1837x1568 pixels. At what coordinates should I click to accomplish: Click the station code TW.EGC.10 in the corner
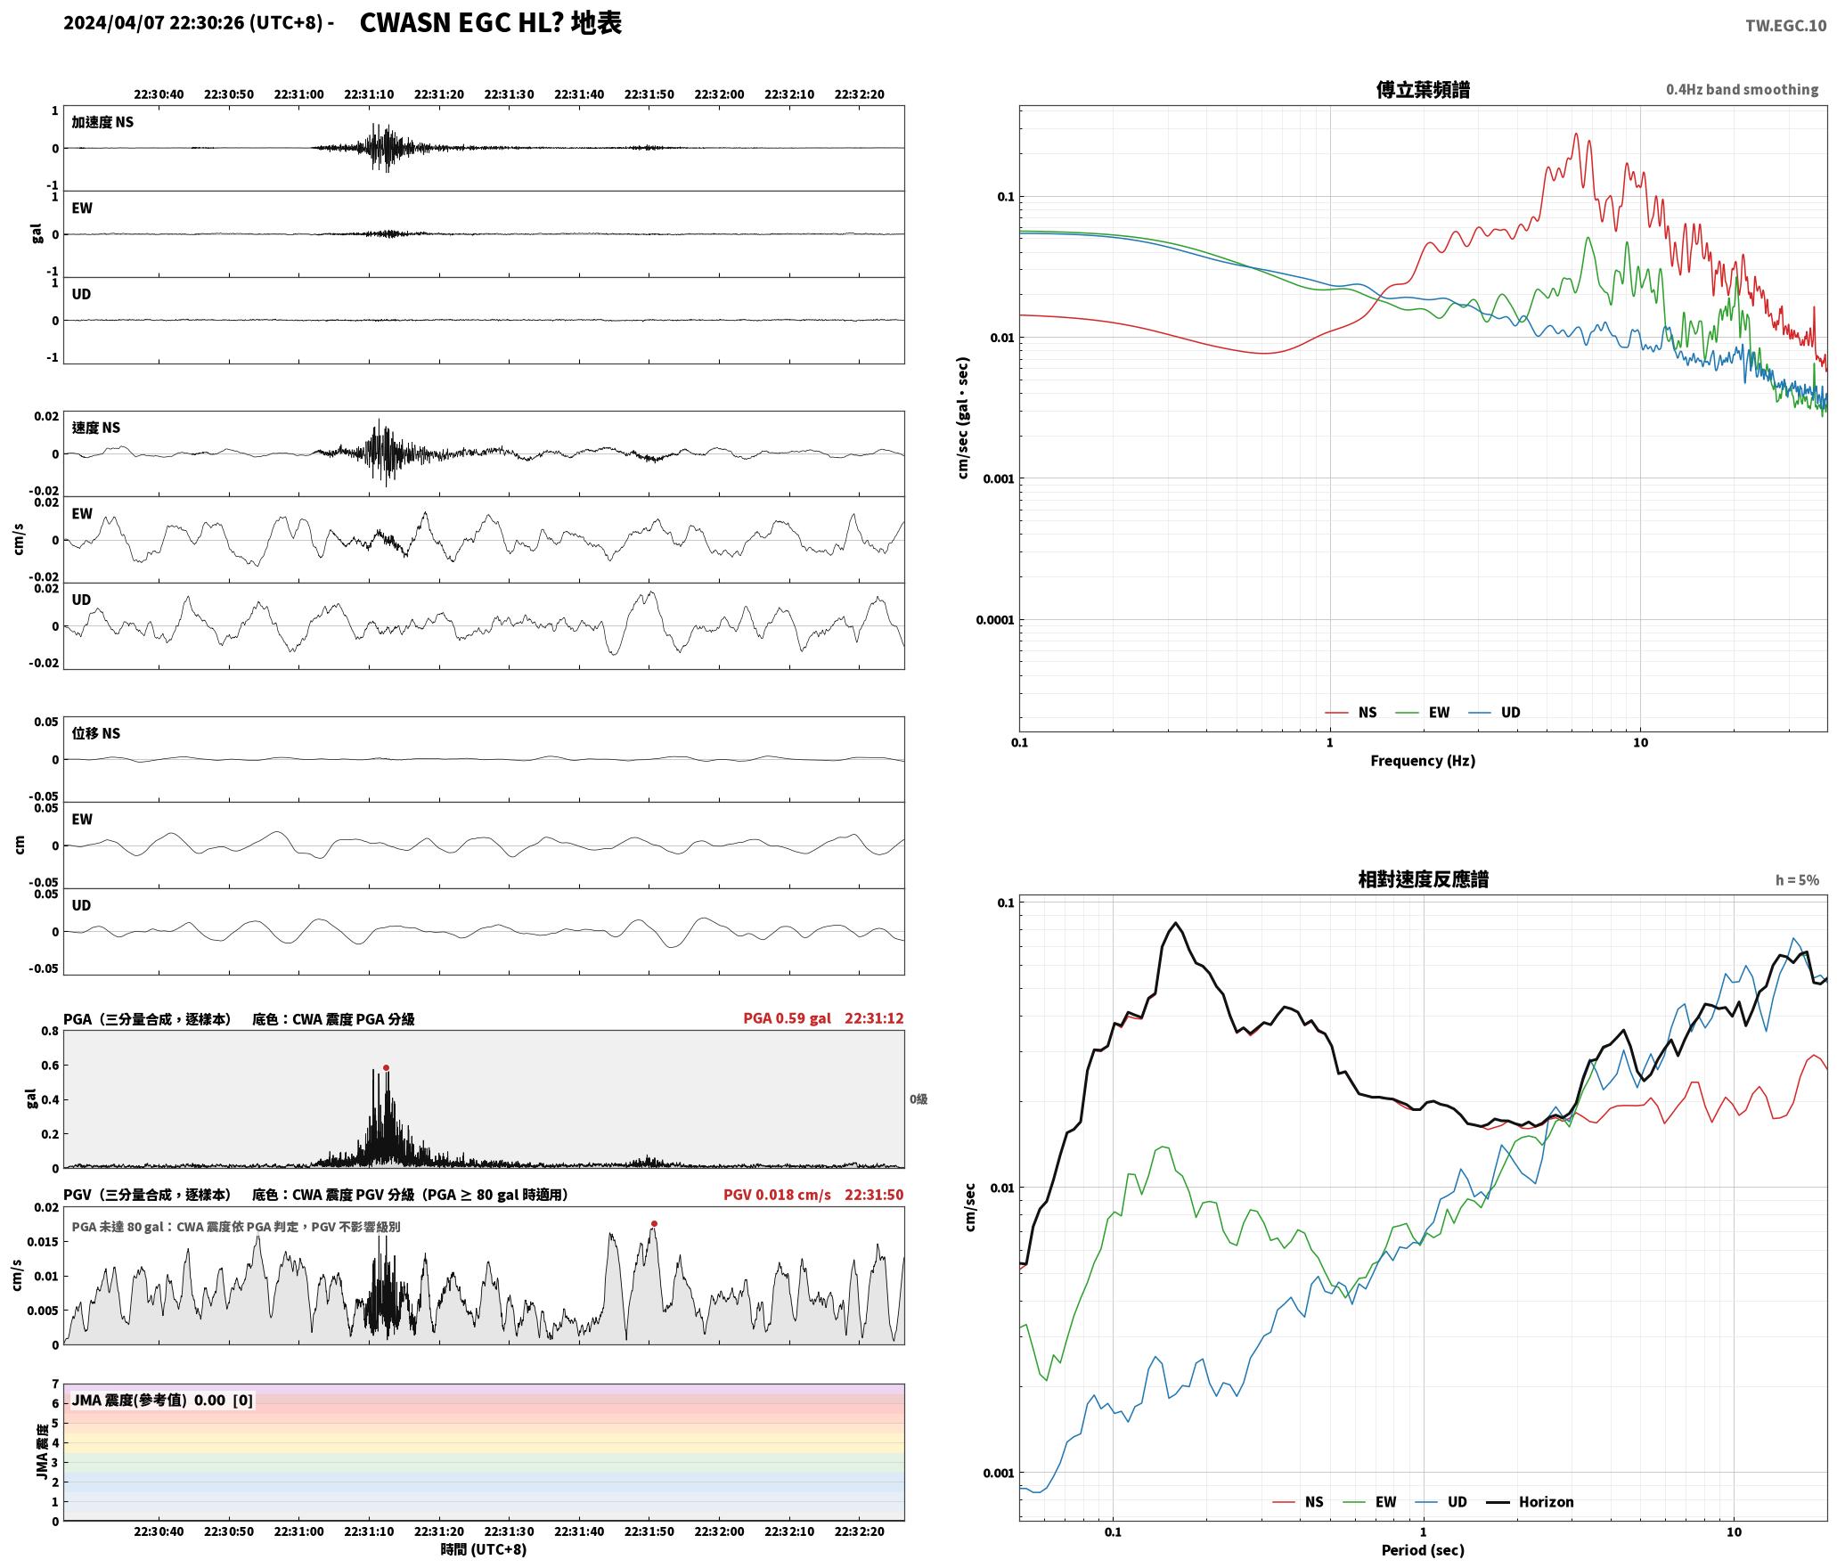point(1785,26)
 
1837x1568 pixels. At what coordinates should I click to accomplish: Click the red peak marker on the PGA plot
point(386,1067)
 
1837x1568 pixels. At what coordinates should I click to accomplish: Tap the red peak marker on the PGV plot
point(654,1223)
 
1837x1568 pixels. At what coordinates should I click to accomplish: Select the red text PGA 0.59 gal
point(787,1017)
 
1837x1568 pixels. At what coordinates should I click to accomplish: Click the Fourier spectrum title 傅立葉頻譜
point(1423,89)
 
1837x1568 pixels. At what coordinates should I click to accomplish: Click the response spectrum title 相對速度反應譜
point(1423,878)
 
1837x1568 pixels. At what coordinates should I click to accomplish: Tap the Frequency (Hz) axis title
point(1423,760)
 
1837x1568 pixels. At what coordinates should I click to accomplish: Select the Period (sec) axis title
point(1423,1549)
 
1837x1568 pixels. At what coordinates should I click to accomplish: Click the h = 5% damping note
point(1797,879)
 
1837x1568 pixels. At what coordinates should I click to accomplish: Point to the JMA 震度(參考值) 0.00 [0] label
point(162,1400)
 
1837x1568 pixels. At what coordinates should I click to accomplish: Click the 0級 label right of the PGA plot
point(918,1098)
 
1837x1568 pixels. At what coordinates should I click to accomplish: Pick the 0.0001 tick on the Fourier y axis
point(994,620)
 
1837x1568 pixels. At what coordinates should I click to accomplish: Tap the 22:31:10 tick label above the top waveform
point(369,94)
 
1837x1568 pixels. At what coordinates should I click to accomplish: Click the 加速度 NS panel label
point(102,122)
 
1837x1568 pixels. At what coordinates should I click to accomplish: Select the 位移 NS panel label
point(95,733)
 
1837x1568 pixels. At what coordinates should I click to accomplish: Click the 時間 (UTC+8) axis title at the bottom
point(484,1549)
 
